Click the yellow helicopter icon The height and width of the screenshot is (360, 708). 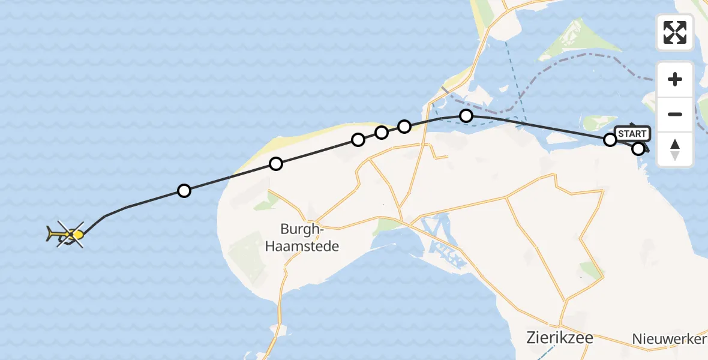(x=66, y=234)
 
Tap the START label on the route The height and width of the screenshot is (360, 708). (x=632, y=134)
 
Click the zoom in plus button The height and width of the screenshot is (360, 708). (x=675, y=79)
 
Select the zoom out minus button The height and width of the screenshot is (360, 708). (x=675, y=114)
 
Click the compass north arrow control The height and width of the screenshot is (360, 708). (x=675, y=149)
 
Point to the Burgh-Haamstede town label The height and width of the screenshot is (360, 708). (x=310, y=237)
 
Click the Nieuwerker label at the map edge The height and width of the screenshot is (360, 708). (x=670, y=339)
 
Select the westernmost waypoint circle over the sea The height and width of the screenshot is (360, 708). (x=184, y=191)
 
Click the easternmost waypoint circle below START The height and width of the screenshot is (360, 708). (x=638, y=149)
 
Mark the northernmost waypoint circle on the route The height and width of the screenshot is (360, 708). (x=466, y=116)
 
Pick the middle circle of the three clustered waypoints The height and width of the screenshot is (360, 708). (x=382, y=133)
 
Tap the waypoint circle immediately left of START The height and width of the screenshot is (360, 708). (x=610, y=140)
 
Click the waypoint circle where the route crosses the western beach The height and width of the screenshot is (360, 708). (x=275, y=163)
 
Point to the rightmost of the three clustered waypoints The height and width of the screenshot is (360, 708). (x=404, y=126)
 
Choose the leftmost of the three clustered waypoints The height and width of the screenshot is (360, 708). (x=358, y=140)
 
